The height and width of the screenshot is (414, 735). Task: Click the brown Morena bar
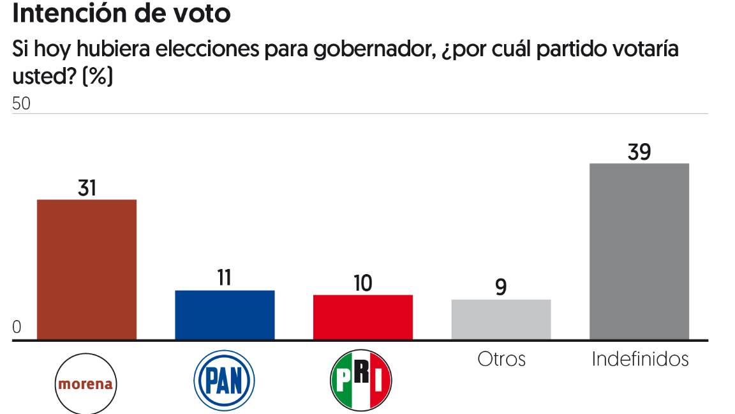tap(87, 269)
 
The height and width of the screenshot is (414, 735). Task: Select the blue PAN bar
tap(225, 314)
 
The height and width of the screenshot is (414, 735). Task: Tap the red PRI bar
tap(362, 317)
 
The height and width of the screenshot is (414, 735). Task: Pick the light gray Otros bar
tap(501, 319)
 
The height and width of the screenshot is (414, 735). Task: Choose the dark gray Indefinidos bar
tap(639, 251)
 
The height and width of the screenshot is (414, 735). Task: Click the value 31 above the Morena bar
tap(87, 188)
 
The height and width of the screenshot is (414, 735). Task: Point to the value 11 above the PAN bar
tap(225, 279)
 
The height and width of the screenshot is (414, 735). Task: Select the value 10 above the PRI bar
tap(362, 283)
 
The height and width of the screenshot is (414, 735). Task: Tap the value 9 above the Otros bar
tap(501, 287)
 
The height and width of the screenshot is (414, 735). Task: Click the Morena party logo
tap(86, 384)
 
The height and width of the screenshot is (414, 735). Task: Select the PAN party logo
tap(224, 381)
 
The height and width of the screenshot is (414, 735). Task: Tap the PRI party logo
tap(361, 381)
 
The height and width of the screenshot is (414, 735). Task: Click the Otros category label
tap(501, 359)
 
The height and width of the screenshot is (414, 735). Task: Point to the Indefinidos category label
tap(640, 359)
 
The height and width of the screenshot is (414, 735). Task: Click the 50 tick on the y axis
tap(22, 104)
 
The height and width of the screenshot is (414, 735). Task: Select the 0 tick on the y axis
tap(17, 328)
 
